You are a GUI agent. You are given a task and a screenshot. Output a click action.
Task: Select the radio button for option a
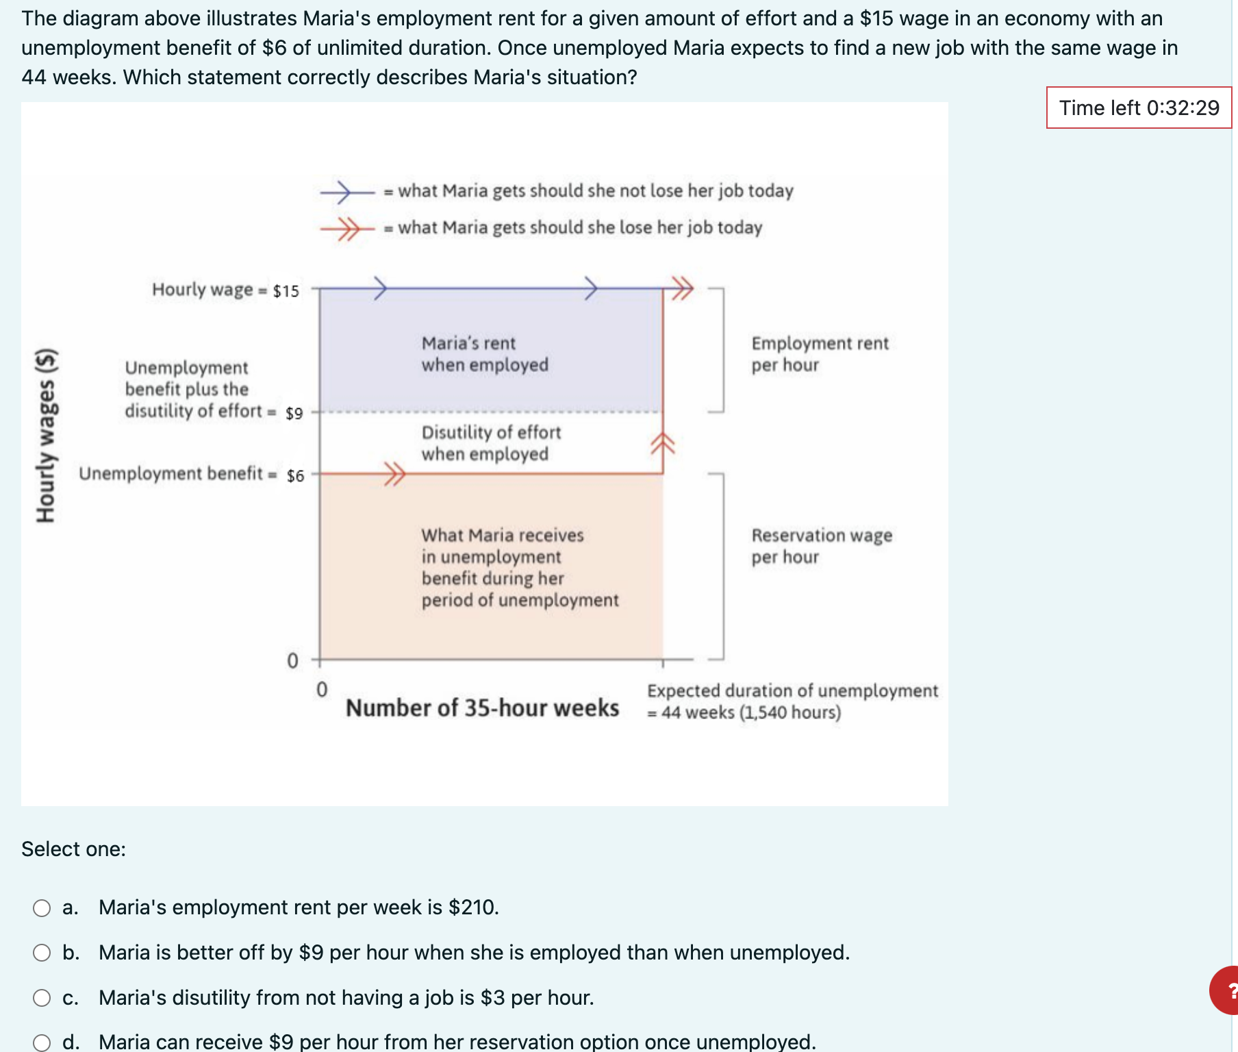(42, 908)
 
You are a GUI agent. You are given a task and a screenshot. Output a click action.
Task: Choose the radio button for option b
(42, 953)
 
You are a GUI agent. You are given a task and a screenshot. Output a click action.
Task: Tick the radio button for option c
(42, 998)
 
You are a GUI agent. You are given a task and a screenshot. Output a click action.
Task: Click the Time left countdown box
(1138, 108)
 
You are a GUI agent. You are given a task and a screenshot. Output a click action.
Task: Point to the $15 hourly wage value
(286, 291)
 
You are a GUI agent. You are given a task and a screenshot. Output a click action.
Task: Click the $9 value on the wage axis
(294, 414)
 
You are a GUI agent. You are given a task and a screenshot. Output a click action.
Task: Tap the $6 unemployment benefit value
(295, 476)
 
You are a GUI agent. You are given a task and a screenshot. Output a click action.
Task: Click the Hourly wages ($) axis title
(46, 436)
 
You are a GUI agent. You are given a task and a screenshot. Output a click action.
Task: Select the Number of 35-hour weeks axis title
(482, 707)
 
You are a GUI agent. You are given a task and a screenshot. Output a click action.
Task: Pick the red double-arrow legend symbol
(346, 229)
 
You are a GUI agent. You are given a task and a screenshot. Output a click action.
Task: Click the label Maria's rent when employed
(484, 354)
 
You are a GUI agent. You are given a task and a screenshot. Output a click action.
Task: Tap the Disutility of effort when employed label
(490, 443)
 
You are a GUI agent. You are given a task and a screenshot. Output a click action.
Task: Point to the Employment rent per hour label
(819, 354)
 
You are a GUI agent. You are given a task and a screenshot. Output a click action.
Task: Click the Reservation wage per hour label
(821, 546)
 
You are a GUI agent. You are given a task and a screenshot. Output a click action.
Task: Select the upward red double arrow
(662, 444)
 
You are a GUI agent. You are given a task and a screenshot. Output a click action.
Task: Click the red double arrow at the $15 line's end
(681, 288)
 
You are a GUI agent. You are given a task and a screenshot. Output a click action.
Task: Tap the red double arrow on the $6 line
(394, 473)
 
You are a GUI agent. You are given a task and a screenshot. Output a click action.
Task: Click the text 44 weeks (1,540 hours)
(750, 713)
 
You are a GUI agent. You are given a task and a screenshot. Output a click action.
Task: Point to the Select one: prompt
(73, 849)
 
